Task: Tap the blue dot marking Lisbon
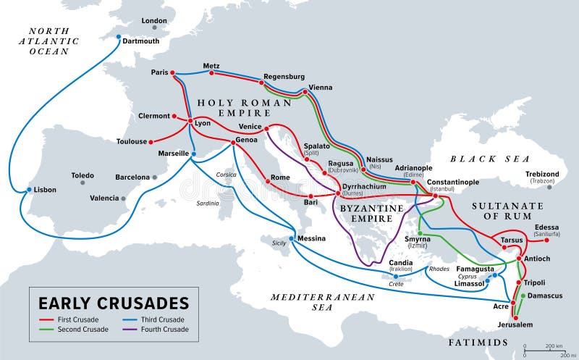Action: coord(29,191)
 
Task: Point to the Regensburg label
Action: coord(284,76)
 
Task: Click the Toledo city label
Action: coord(83,175)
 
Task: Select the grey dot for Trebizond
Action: coord(549,187)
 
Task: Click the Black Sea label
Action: coord(490,159)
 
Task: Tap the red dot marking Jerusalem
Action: coord(513,317)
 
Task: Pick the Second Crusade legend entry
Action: coord(83,330)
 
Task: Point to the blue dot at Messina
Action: coord(292,238)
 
